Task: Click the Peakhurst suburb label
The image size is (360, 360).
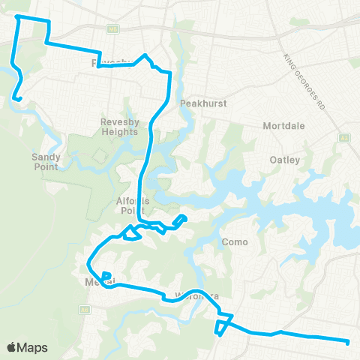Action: tap(198, 103)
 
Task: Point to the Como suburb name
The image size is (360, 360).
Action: tap(235, 242)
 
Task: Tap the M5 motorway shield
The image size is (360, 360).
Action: tap(114, 31)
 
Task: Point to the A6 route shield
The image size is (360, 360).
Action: tap(85, 308)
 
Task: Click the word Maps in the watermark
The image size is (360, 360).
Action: tap(33, 347)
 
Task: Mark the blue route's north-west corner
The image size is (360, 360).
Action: tap(16, 16)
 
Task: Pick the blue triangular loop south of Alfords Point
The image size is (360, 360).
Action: tap(131, 235)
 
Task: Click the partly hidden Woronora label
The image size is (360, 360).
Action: tap(196, 296)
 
